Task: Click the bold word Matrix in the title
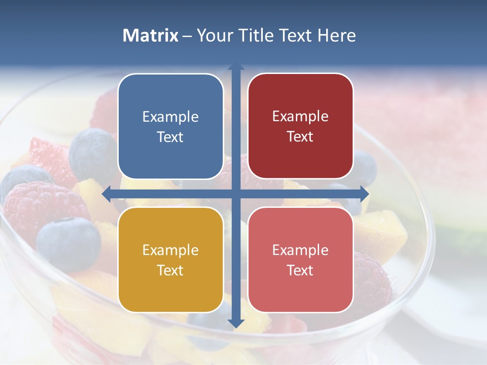(x=151, y=35)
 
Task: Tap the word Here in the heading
(x=336, y=35)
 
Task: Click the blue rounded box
(x=170, y=126)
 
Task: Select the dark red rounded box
(x=300, y=126)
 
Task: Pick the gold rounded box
(x=170, y=260)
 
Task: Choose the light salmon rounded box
(x=300, y=260)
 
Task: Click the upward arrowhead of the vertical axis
(x=236, y=67)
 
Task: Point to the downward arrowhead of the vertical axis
(x=236, y=323)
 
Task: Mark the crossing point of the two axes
(x=236, y=194)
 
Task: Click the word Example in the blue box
(x=170, y=117)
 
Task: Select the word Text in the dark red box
(x=300, y=136)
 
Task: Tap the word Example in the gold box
(x=170, y=250)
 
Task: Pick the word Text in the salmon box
(x=300, y=270)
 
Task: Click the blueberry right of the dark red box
(x=365, y=167)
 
